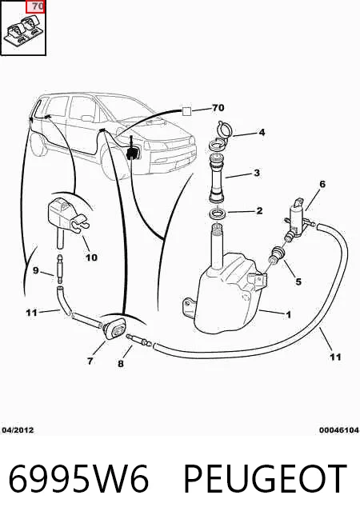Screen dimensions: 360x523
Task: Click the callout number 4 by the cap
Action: pyautogui.click(x=262, y=133)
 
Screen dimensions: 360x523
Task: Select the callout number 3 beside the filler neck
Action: pyautogui.click(x=257, y=173)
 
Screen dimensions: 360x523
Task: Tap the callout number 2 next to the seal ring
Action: pyautogui.click(x=259, y=211)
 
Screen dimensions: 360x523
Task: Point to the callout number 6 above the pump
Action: pyautogui.click(x=322, y=184)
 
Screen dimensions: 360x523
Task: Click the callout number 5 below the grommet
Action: pyautogui.click(x=298, y=281)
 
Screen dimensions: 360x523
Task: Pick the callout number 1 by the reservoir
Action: pyautogui.click(x=288, y=314)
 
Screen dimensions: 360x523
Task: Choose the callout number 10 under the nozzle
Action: pyautogui.click(x=91, y=258)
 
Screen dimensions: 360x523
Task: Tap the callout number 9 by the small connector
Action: pyautogui.click(x=36, y=270)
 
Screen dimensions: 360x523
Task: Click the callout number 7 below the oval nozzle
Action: pyautogui.click(x=90, y=361)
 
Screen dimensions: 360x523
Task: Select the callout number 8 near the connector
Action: pyautogui.click(x=121, y=364)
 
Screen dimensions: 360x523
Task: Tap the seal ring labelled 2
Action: pyautogui.click(x=218, y=213)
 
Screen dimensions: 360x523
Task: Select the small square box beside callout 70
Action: pyautogui.click(x=187, y=111)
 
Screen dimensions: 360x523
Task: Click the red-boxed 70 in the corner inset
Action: pyautogui.click(x=35, y=6)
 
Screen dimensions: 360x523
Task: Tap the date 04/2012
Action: pyautogui.click(x=18, y=430)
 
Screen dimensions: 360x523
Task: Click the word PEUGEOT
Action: pyautogui.click(x=266, y=479)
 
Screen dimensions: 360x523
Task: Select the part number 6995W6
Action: pyautogui.click(x=78, y=479)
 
